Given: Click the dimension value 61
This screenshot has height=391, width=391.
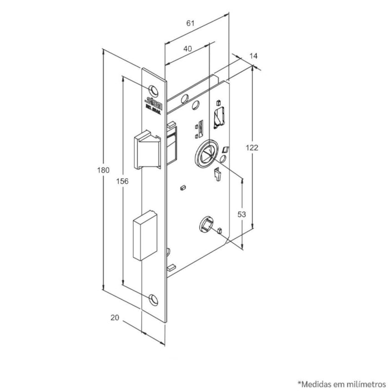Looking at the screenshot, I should [190, 23].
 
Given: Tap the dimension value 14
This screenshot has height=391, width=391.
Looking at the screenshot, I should [254, 56].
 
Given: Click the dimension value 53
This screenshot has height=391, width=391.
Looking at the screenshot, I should [242, 214].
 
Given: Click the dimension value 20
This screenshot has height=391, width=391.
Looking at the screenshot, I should [115, 318].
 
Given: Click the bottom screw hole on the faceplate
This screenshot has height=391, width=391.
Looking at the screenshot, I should [153, 300].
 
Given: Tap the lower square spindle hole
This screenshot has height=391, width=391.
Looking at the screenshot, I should [205, 224].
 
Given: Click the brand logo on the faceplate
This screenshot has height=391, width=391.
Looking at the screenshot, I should [153, 102].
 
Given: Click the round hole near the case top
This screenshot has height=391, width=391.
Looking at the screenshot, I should [195, 106].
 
